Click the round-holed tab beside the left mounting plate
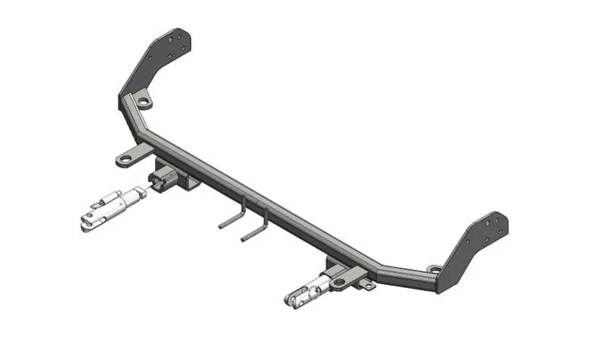pyautogui.click(x=142, y=100)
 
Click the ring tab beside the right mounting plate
pyautogui.click(x=434, y=269)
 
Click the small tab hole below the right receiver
pyautogui.click(x=366, y=284)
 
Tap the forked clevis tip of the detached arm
pyautogui.click(x=86, y=223)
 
